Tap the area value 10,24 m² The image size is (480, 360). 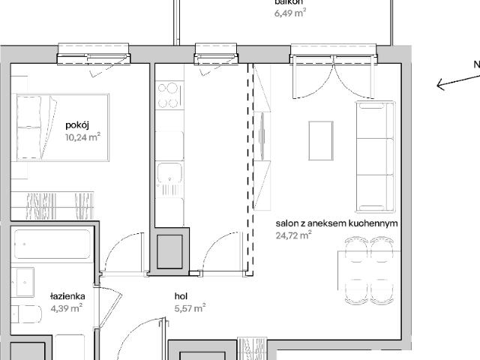tap(82, 136)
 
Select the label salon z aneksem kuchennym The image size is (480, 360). tap(336, 223)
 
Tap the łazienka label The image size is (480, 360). tap(67, 296)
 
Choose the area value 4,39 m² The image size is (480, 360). tap(67, 307)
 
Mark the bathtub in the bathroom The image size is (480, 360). tap(52, 246)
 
